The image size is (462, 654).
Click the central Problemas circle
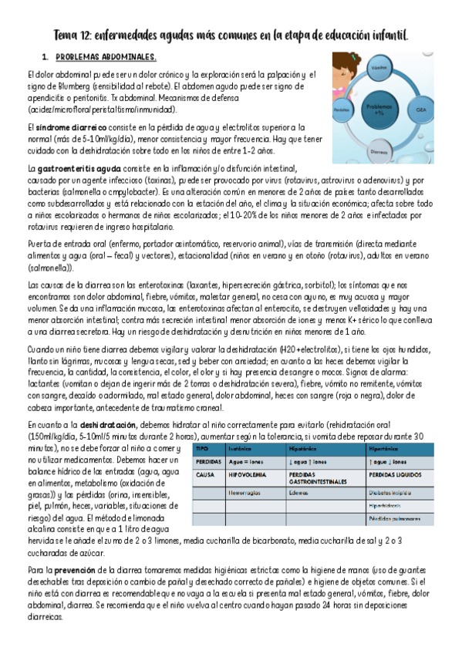point(379,109)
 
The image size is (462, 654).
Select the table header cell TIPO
point(203,447)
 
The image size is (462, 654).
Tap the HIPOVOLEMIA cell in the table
point(246,475)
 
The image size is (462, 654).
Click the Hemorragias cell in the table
point(243,492)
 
